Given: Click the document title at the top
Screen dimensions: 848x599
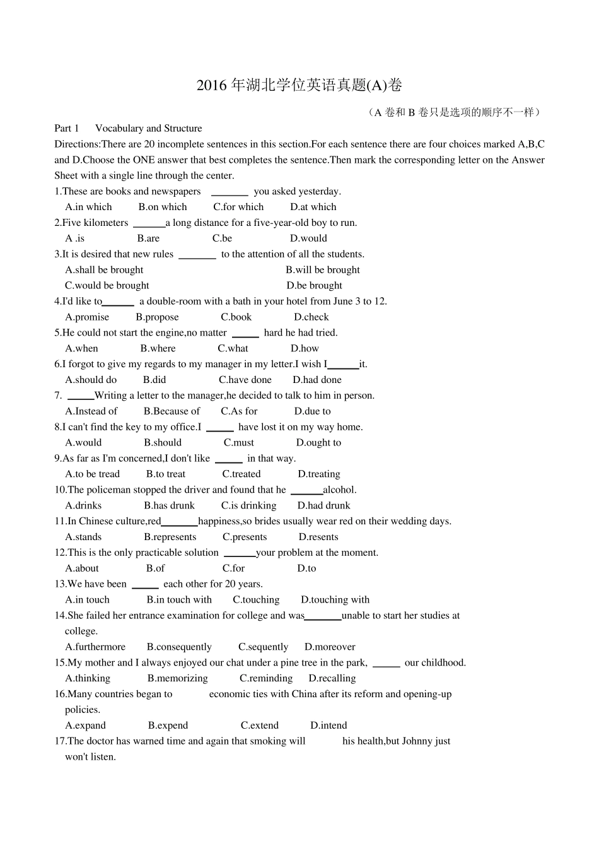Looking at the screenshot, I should tap(299, 85).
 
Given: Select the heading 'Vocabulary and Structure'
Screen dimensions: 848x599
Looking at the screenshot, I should tap(148, 128).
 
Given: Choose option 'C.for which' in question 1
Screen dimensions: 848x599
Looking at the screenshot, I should tap(238, 207).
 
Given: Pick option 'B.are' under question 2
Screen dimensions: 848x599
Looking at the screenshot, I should tap(148, 238).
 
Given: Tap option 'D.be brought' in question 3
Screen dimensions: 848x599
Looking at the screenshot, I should tap(314, 286).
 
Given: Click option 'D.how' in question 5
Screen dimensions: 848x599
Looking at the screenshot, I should tap(305, 349).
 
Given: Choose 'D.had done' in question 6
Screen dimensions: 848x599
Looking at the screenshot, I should tap(317, 380).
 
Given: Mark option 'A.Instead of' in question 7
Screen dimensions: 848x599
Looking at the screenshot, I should tap(91, 411).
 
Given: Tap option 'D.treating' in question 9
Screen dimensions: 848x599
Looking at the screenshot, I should tap(319, 474).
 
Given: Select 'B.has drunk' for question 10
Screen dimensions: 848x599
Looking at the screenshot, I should tap(169, 506).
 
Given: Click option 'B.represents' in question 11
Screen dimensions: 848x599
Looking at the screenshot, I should tap(170, 538).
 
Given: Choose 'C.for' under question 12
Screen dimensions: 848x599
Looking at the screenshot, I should tap(233, 568).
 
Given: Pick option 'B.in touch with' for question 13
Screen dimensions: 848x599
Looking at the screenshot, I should tap(179, 600).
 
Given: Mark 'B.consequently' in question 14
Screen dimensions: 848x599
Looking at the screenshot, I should tap(179, 647).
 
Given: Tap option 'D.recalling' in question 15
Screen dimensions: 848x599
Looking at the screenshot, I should tap(332, 679).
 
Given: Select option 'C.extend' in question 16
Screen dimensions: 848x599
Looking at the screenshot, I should tap(260, 726).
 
